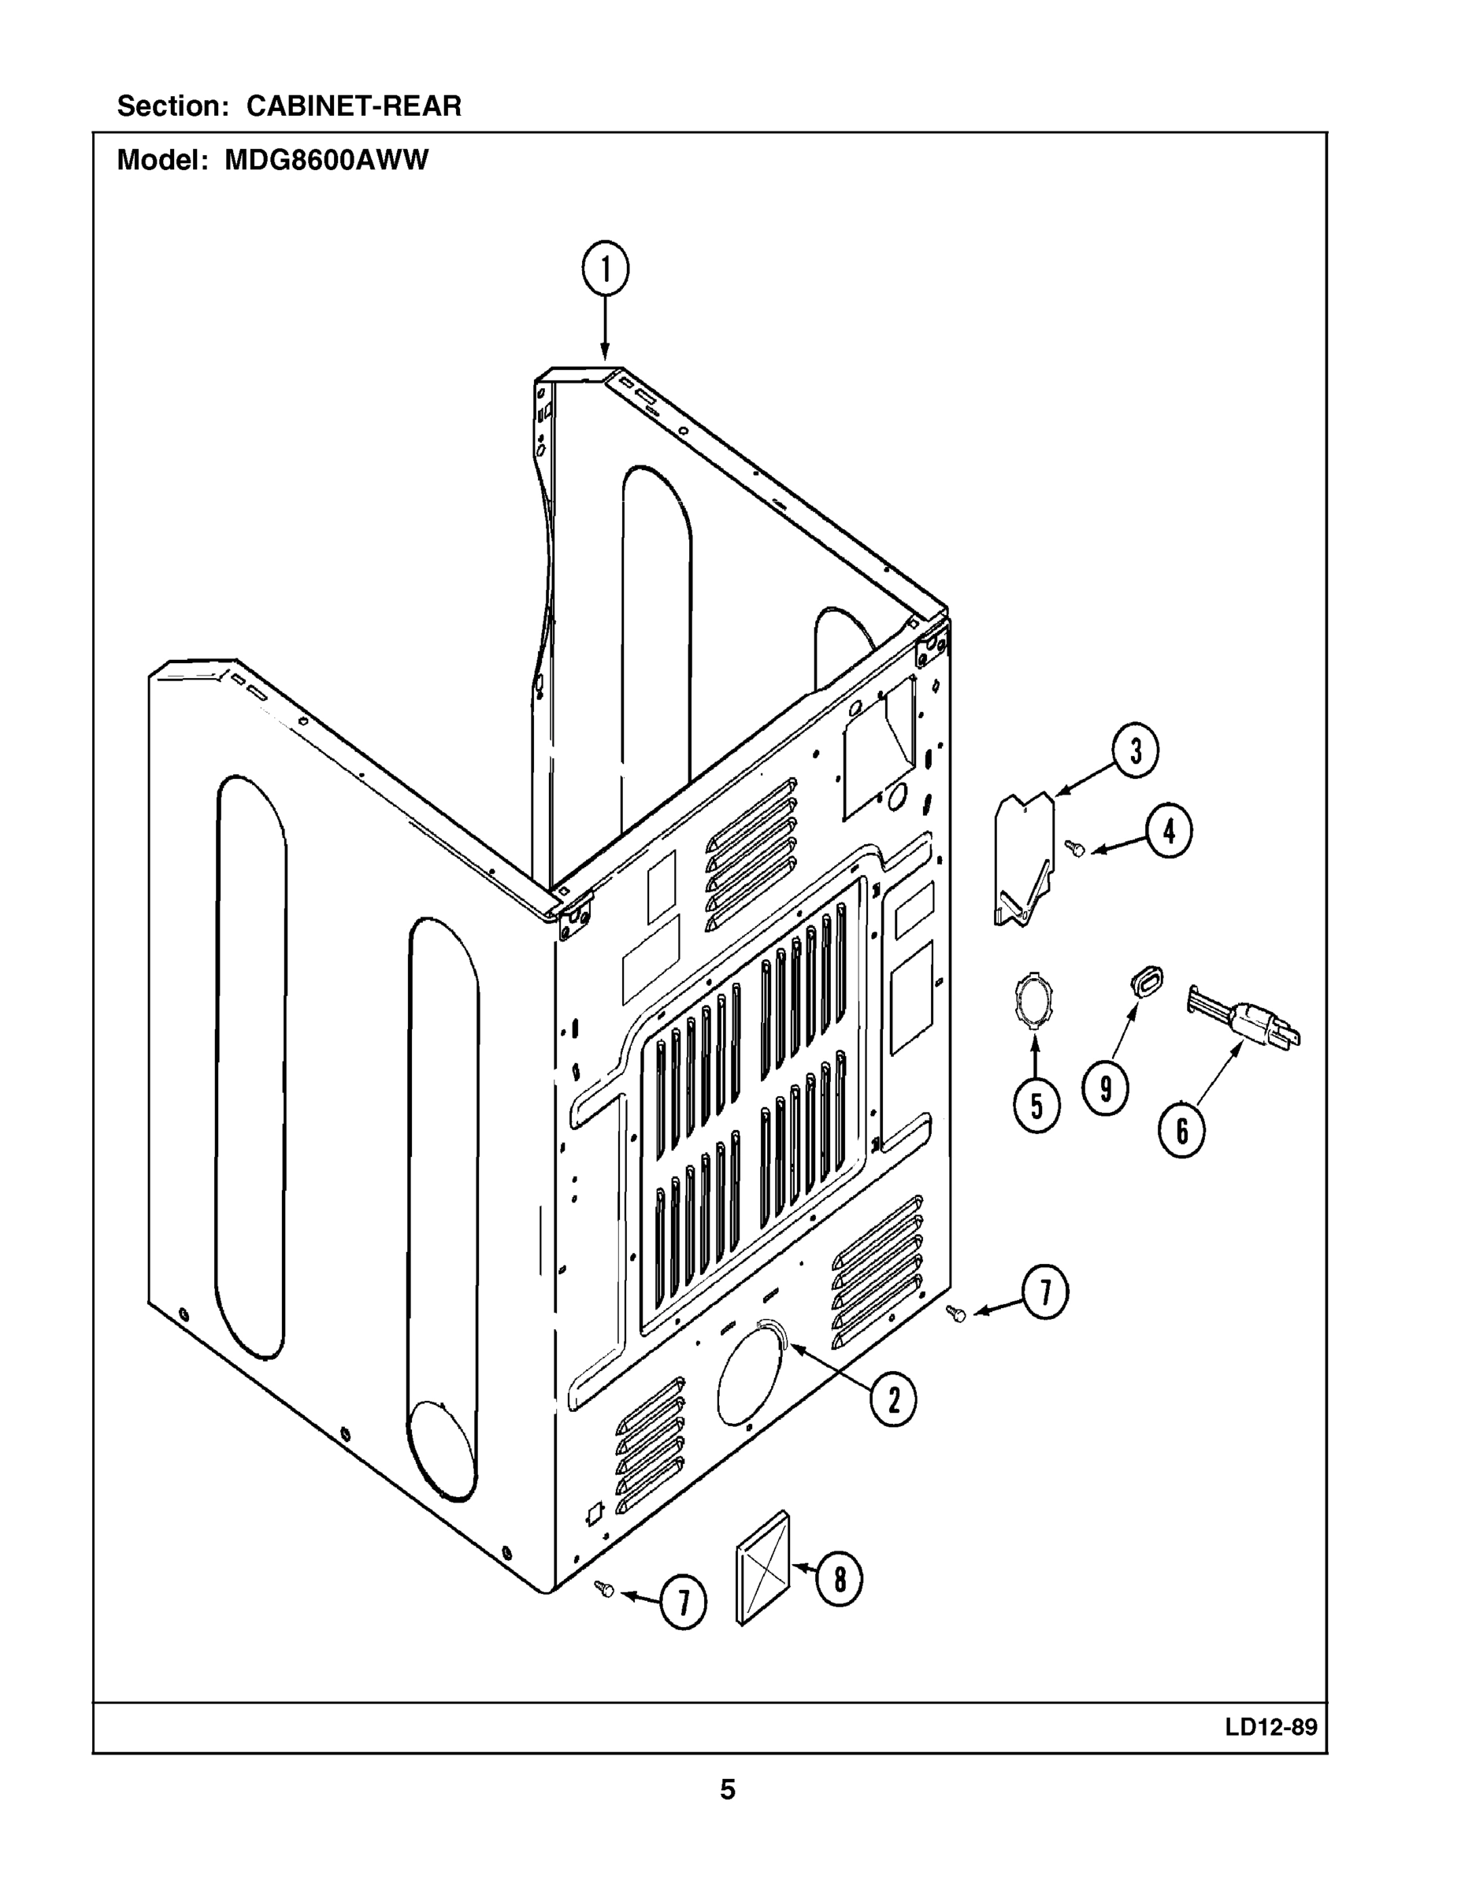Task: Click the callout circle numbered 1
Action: pos(605,271)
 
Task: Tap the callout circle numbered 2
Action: pos(893,1399)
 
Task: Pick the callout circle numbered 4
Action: pos(1169,832)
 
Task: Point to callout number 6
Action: pos(1181,1129)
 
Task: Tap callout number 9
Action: pos(1105,1088)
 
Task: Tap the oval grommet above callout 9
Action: pos(1146,982)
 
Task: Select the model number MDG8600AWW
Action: pos(326,161)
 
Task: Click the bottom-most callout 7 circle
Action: pos(683,1603)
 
